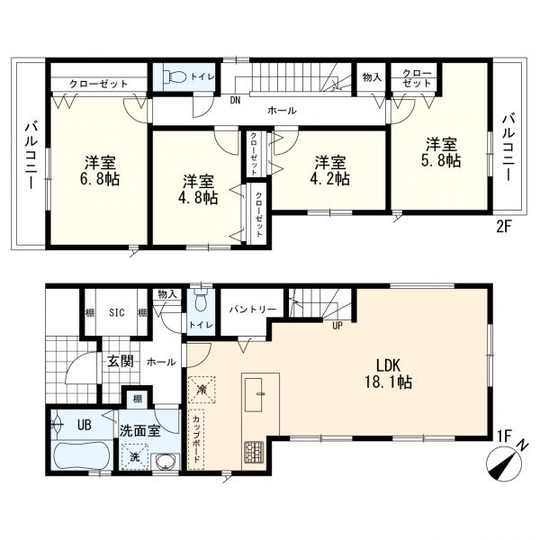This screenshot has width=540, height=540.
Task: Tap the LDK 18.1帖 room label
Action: click(388, 373)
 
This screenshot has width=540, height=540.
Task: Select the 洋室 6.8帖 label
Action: click(100, 170)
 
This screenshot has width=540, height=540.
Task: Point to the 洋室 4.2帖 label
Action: click(330, 170)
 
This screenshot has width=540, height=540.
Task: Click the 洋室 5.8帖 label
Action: click(441, 152)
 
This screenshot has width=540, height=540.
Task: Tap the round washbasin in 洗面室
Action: click(166, 462)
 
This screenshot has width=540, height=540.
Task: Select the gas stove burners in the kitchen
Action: click(254, 452)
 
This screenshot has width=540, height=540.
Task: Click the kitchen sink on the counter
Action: click(254, 395)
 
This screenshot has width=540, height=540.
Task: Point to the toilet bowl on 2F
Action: click(173, 76)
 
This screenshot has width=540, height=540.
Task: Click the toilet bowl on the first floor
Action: click(201, 301)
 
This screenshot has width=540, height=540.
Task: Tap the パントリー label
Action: click(253, 309)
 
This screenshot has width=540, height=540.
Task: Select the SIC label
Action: click(117, 312)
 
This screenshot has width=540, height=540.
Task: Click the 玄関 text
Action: click(120, 361)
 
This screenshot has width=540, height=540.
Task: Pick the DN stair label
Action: click(235, 100)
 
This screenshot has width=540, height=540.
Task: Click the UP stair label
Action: click(337, 326)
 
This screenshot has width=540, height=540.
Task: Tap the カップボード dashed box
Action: click(196, 439)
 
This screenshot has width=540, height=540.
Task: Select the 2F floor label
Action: click(505, 227)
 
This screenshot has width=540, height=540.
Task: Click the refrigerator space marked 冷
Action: click(202, 390)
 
